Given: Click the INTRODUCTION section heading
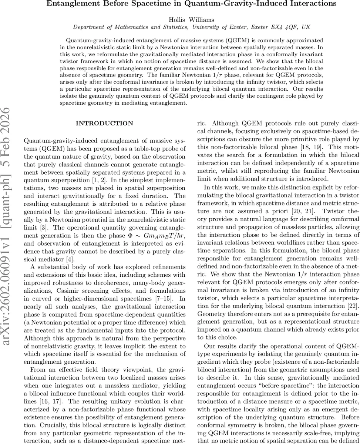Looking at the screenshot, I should pyautogui.click(x=104, y=124).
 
